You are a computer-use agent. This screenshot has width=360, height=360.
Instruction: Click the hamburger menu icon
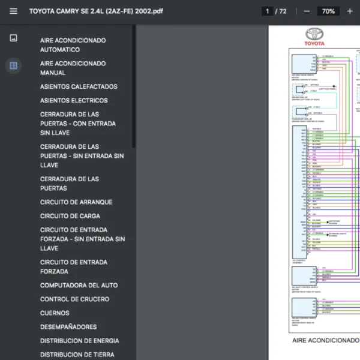[x=14, y=11]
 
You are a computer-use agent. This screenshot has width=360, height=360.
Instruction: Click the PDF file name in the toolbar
[x=96, y=11]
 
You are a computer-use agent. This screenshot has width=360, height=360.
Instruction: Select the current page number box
[x=267, y=11]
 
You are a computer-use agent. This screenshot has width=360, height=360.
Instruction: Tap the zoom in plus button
[x=350, y=11]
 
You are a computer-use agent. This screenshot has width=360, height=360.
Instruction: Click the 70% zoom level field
[x=328, y=11]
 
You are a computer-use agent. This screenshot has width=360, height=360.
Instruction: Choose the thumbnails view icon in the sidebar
[x=14, y=38]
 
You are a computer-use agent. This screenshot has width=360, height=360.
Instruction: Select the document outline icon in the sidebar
[x=14, y=65]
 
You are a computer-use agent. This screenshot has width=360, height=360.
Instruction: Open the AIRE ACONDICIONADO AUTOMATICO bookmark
[x=73, y=45]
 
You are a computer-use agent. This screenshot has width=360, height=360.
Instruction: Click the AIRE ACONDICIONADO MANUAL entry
[x=73, y=68]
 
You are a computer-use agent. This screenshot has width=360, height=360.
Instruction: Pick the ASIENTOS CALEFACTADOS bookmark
[x=79, y=86]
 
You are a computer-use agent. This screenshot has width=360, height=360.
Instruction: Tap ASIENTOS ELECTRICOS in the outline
[x=74, y=100]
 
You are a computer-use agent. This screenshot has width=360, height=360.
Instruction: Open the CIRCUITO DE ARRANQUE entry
[x=76, y=202]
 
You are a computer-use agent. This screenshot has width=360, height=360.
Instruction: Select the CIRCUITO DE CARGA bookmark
[x=70, y=216]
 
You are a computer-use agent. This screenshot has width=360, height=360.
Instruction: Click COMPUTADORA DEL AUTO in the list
[x=79, y=285]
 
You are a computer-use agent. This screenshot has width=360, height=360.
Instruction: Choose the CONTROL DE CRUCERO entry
[x=74, y=299]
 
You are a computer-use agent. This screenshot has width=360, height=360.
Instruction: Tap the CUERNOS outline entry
[x=55, y=313]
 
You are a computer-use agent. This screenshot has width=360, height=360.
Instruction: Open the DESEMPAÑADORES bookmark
[x=68, y=327]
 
